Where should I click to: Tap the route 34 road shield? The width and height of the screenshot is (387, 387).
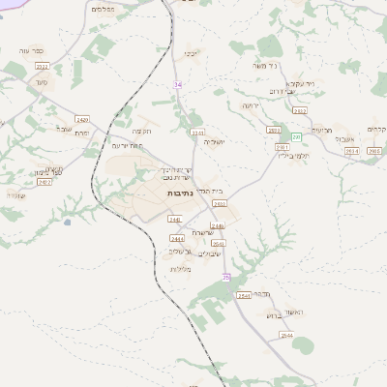click(x=178, y=84)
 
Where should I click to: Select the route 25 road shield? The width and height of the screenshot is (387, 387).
click(x=226, y=277)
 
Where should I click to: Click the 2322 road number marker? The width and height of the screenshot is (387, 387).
click(x=42, y=66)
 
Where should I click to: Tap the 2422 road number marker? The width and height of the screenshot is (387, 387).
click(x=45, y=182)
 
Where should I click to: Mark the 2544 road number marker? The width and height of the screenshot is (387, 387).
click(x=286, y=335)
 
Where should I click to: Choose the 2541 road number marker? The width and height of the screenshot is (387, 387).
click(x=243, y=295)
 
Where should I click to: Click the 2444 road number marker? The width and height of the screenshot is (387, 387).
click(x=177, y=238)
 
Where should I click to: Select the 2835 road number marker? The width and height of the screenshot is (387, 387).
click(x=220, y=204)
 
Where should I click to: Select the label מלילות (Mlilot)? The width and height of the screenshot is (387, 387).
click(x=181, y=268)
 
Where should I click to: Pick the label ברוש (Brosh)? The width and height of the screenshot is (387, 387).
click(x=271, y=314)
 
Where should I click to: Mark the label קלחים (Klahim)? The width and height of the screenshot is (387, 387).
click(x=376, y=129)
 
